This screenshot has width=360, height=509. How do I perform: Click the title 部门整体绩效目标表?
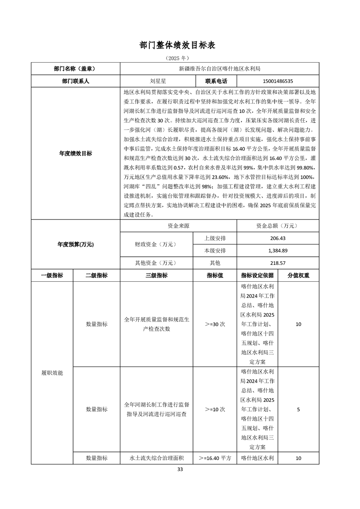point(180,45)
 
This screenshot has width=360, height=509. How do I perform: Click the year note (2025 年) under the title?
point(180,59)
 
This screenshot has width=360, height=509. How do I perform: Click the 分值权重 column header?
point(298,275)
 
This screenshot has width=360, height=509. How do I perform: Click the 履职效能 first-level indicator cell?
point(52,373)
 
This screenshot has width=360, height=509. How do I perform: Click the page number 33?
point(180,469)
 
